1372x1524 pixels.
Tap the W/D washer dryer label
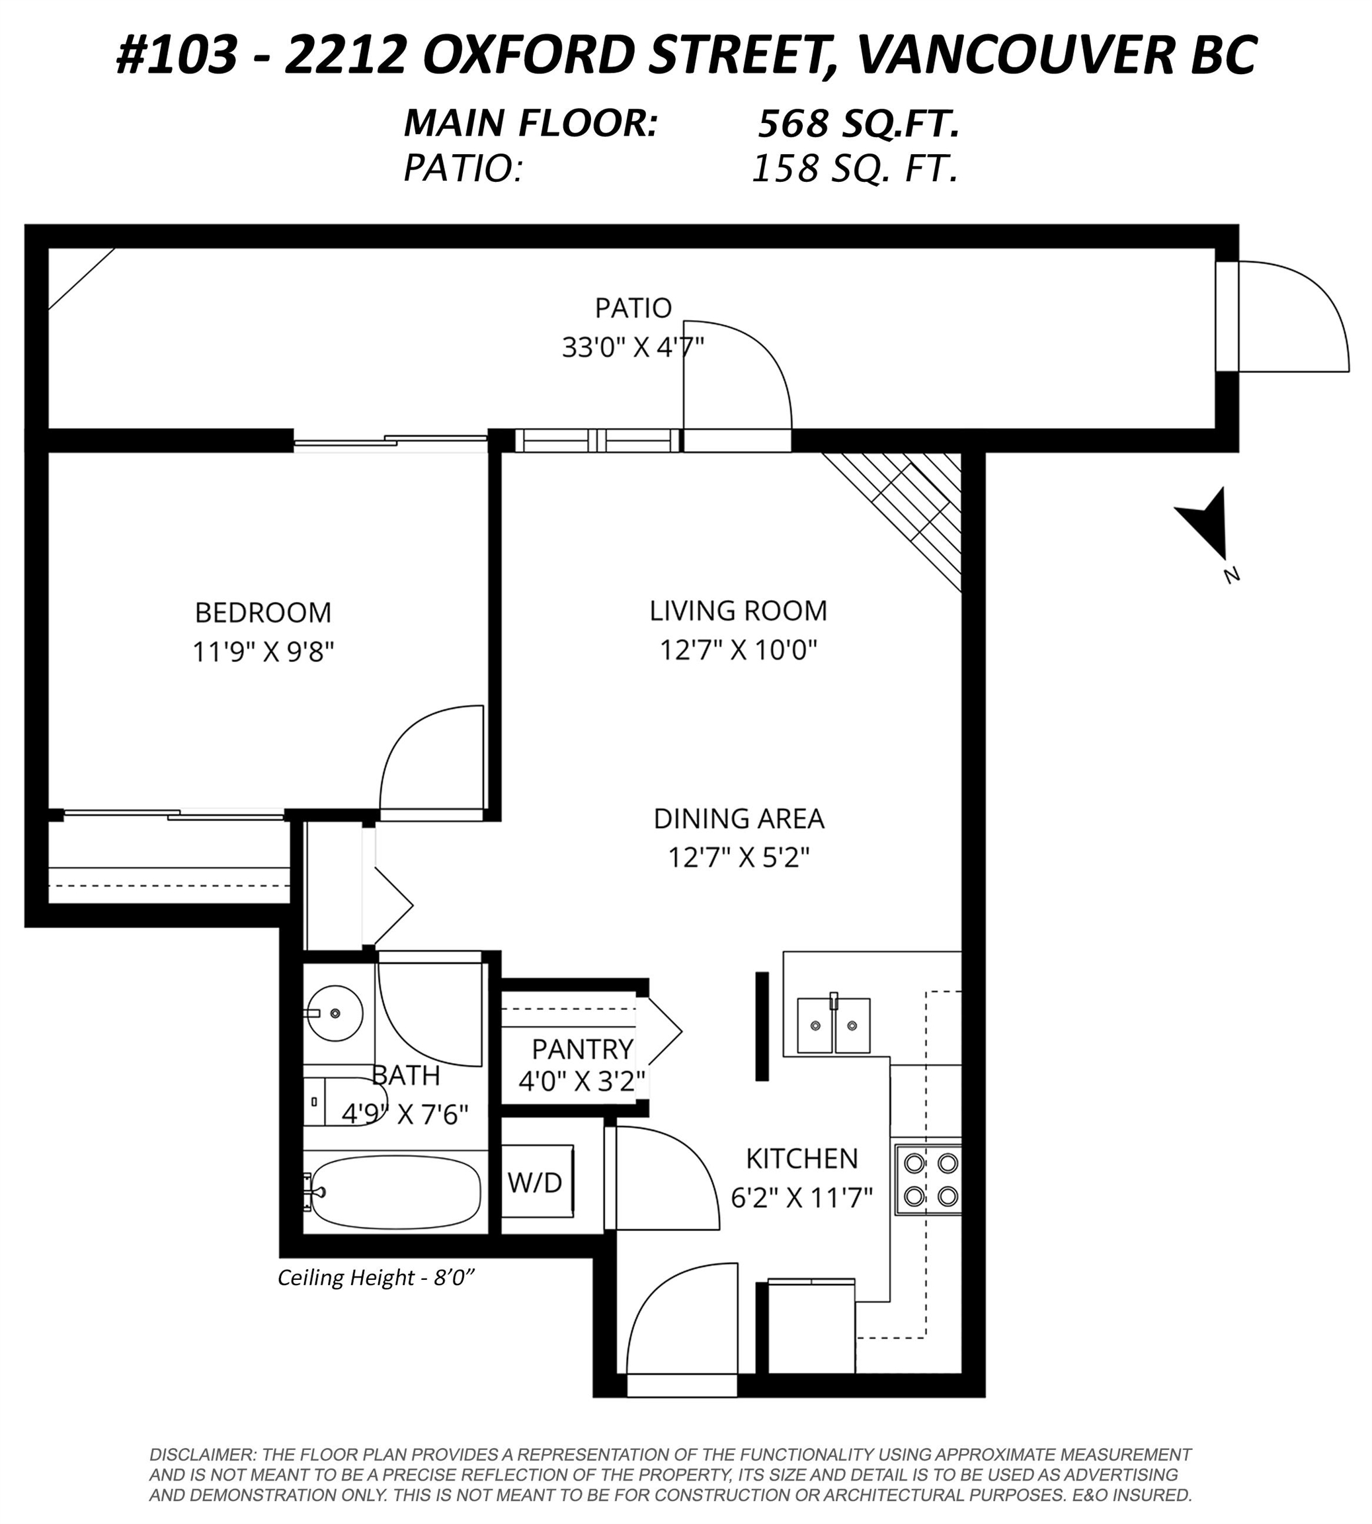tap(534, 1183)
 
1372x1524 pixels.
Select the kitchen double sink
tap(834, 1025)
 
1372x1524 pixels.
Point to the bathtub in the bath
tap(393, 1192)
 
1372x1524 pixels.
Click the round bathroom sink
tap(335, 1013)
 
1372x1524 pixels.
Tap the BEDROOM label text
tap(263, 613)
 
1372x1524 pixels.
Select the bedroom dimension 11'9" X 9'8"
tap(263, 652)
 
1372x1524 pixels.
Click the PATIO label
tap(633, 308)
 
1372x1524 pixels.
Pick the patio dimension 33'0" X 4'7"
tap(633, 348)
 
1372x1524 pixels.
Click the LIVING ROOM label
tap(739, 611)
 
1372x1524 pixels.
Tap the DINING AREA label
tap(739, 819)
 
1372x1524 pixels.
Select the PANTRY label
tap(583, 1049)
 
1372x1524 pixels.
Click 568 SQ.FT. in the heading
tap(859, 124)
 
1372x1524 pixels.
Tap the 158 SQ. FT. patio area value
tap(856, 168)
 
